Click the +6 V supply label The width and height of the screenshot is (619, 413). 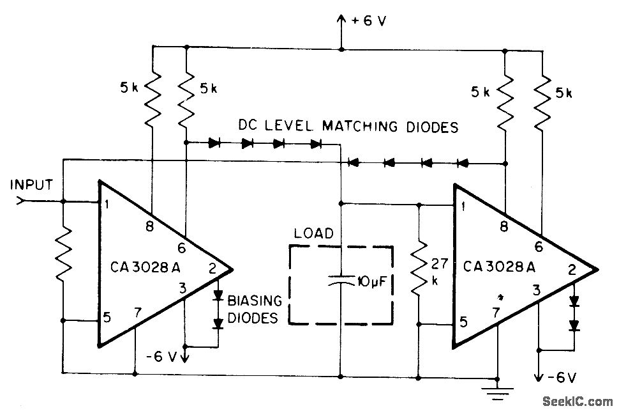(368, 21)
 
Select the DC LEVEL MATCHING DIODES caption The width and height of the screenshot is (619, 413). (348, 127)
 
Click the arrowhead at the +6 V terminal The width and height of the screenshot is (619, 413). (341, 21)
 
